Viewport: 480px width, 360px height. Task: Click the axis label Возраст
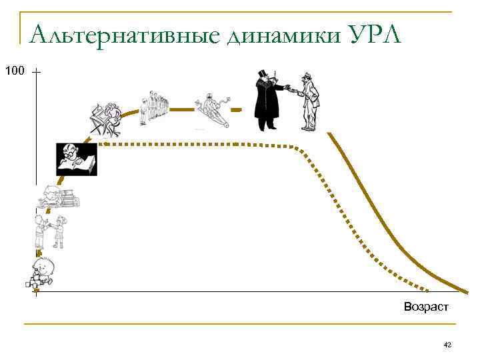click(x=426, y=307)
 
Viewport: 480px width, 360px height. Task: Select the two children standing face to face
click(x=50, y=230)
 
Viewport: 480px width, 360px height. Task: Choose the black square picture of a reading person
click(x=76, y=159)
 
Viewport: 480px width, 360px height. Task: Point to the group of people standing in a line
click(x=153, y=107)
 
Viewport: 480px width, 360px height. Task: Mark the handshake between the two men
click(x=287, y=87)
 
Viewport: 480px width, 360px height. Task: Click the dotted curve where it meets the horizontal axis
click(x=425, y=290)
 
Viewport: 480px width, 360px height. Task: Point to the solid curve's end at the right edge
click(x=467, y=291)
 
